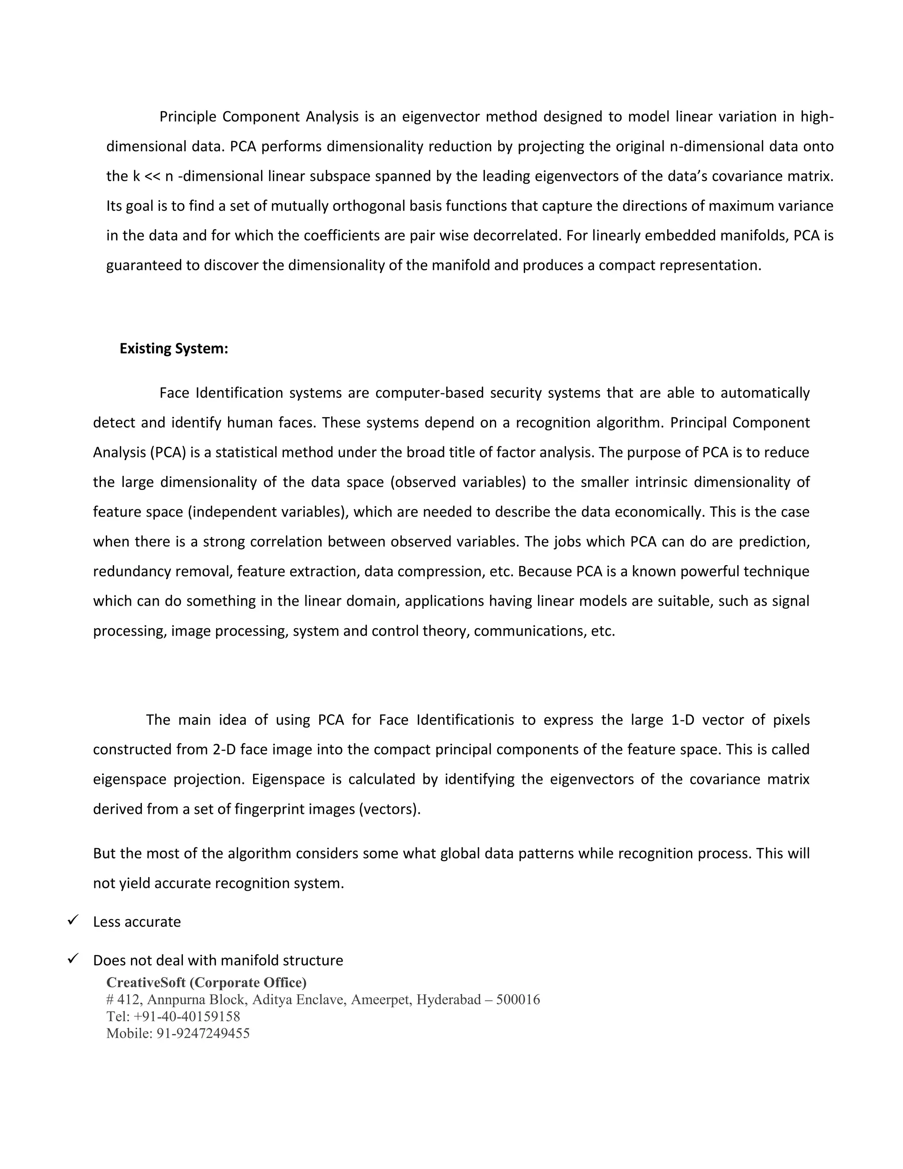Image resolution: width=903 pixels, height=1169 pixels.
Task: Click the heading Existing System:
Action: tap(174, 348)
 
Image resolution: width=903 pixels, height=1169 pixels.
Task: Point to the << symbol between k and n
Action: tap(153, 176)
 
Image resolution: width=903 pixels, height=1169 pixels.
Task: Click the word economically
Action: tap(659, 512)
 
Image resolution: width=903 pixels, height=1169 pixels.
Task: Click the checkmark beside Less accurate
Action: tap(73, 921)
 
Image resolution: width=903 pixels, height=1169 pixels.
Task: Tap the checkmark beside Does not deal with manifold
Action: tap(73, 959)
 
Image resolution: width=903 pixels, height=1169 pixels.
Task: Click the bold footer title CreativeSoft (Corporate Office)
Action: tap(206, 983)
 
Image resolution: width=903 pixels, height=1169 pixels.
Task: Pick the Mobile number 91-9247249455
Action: tap(203, 1034)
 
